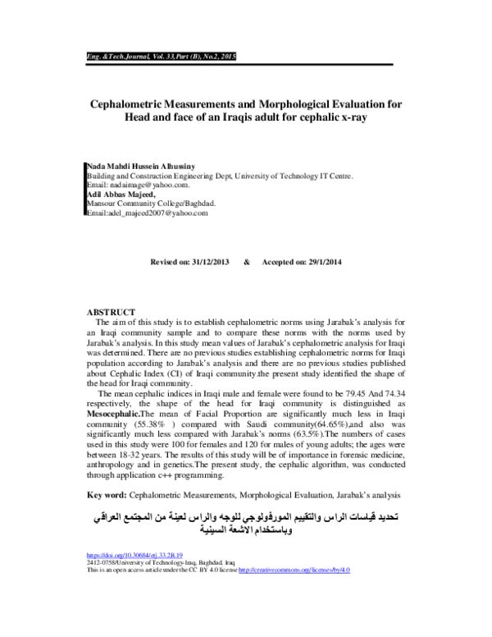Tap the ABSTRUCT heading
[111, 313]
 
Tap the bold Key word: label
[107, 495]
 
